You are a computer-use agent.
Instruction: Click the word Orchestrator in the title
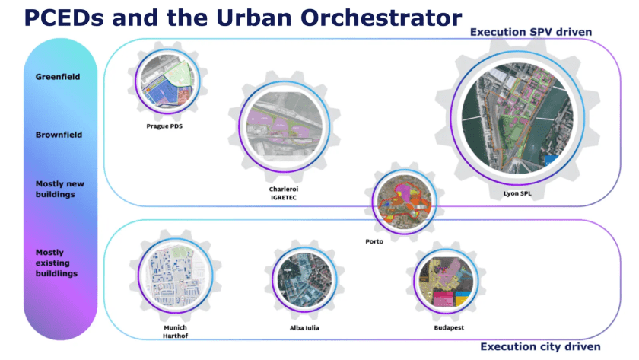pyautogui.click(x=381, y=18)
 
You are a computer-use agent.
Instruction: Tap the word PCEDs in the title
pyautogui.click(x=64, y=18)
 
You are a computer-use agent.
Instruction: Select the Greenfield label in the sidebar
pyautogui.click(x=58, y=77)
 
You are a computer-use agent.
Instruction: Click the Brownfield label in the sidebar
pyautogui.click(x=59, y=135)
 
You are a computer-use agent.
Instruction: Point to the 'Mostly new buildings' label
pyautogui.click(x=60, y=190)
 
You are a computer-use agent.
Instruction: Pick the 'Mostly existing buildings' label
pyautogui.click(x=56, y=263)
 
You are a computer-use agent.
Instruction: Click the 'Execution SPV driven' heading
pyautogui.click(x=531, y=32)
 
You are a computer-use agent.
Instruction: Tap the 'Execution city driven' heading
pyautogui.click(x=540, y=346)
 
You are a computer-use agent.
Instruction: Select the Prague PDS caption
pyautogui.click(x=164, y=126)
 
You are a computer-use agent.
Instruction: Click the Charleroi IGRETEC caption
pyautogui.click(x=284, y=193)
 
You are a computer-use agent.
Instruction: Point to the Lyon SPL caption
pyautogui.click(x=517, y=193)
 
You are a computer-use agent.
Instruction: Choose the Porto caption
pyautogui.click(x=374, y=241)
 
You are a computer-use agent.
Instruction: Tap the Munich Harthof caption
pyautogui.click(x=176, y=332)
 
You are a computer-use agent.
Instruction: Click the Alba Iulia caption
pyautogui.click(x=304, y=328)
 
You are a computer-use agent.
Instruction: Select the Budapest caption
pyautogui.click(x=449, y=327)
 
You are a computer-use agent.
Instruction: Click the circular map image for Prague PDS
pyautogui.click(x=167, y=81)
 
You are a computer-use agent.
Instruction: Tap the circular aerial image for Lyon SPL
pyautogui.click(x=517, y=118)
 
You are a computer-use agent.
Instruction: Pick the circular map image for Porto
pyautogui.click(x=405, y=202)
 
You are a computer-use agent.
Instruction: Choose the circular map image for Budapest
pyautogui.click(x=447, y=282)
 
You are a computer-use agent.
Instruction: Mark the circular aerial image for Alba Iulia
pyautogui.click(x=304, y=280)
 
